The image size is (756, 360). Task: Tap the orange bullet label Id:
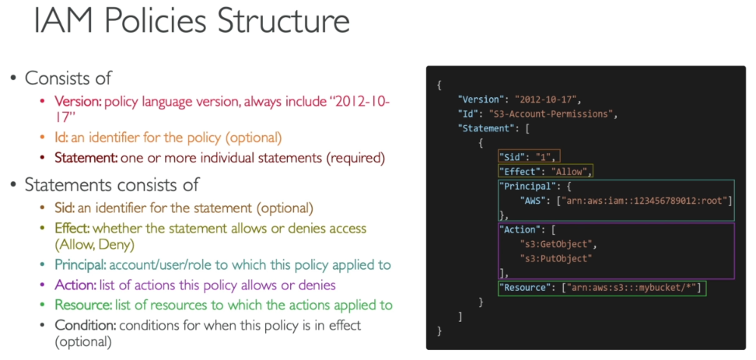click(x=61, y=138)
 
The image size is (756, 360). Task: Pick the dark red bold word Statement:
click(x=86, y=158)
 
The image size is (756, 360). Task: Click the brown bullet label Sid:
click(x=65, y=208)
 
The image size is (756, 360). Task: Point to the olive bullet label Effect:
click(x=72, y=229)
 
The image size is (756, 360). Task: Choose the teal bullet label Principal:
click(x=80, y=265)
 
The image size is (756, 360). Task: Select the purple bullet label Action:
click(x=75, y=285)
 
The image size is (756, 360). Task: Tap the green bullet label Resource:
click(x=83, y=305)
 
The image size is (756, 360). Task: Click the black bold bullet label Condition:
click(x=85, y=325)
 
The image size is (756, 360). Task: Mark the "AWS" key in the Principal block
click(x=532, y=201)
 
